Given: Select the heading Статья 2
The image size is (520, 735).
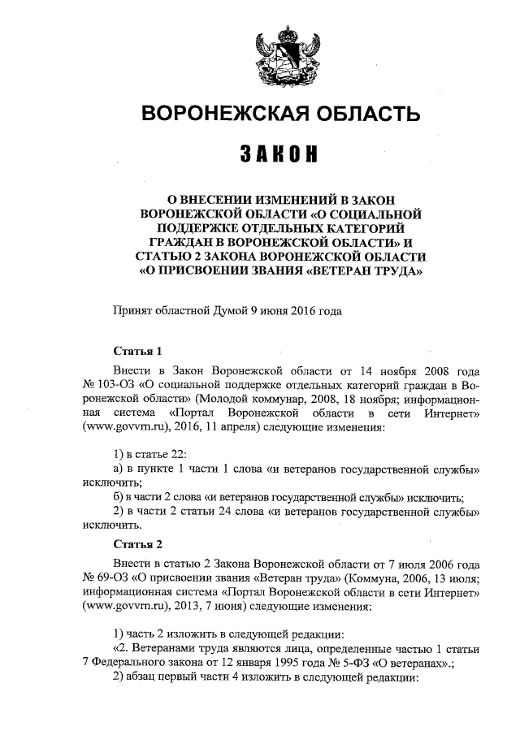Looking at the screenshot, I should pos(137,543).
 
